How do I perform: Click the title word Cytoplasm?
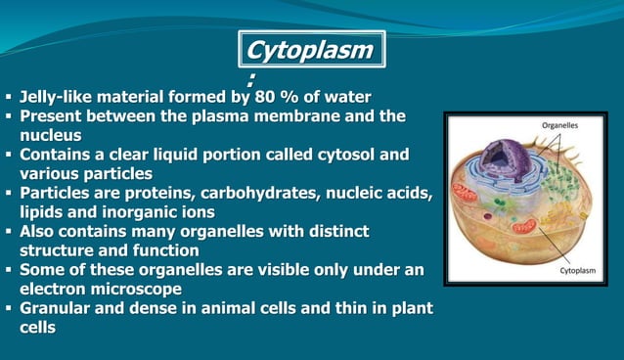[311, 49]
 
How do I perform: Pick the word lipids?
[42, 211]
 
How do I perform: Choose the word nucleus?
[51, 135]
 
